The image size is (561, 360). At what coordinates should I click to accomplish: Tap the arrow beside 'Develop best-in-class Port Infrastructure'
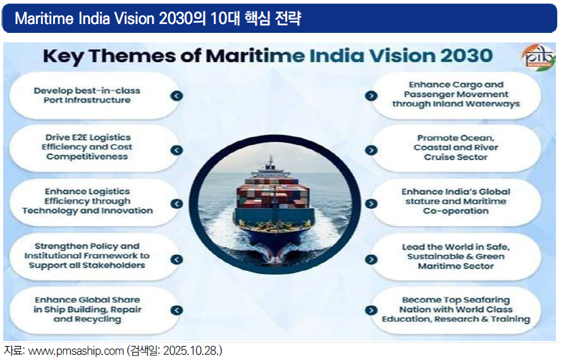tap(176, 96)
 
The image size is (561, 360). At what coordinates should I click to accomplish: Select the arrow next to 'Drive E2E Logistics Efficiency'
tap(176, 150)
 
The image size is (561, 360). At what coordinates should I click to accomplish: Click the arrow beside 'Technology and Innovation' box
tap(176, 204)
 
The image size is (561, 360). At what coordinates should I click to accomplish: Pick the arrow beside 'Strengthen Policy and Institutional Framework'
tap(176, 259)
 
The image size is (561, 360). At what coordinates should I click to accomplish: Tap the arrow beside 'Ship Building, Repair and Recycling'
tap(176, 310)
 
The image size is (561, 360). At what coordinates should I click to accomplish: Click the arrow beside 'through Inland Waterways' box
tap(371, 96)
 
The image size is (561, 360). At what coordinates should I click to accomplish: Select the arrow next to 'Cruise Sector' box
tap(371, 150)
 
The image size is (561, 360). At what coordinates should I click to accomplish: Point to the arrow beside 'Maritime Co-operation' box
tap(371, 204)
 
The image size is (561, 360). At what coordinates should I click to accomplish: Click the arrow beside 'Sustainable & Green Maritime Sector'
tap(371, 259)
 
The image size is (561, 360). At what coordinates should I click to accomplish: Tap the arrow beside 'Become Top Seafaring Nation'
tap(371, 310)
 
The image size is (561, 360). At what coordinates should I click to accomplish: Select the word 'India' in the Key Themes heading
tap(336, 56)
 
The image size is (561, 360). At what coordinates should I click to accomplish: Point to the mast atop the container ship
tap(271, 163)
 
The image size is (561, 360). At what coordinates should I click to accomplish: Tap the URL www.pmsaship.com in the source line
tap(75, 351)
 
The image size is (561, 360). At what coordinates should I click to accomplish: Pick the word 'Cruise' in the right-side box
tap(437, 157)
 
